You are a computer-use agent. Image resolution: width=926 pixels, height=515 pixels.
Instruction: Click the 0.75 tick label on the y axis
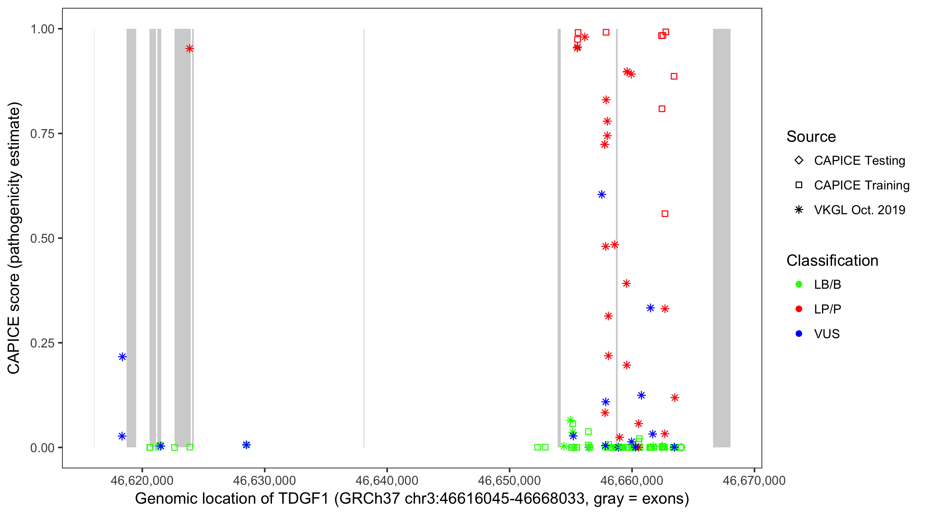(42, 134)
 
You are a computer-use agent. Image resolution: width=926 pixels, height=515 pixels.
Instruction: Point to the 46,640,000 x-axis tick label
(387, 480)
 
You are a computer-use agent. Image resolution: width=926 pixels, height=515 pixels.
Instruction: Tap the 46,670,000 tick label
(754, 480)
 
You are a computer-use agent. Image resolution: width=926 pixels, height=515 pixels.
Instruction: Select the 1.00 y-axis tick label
(42, 29)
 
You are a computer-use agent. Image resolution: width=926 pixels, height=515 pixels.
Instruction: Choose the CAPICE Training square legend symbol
(799, 185)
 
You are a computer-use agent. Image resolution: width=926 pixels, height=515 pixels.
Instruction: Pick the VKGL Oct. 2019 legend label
(859, 210)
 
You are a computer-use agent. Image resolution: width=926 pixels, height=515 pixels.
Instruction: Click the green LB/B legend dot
(799, 285)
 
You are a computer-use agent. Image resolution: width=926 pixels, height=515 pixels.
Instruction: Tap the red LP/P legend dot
(799, 309)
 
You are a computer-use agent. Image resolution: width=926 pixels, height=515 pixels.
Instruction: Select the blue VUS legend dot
(799, 334)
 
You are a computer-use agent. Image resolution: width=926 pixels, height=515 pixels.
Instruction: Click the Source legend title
(811, 137)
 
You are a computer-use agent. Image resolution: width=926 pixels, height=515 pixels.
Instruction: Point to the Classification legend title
(832, 261)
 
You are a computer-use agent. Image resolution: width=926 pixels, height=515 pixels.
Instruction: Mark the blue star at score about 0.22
(122, 357)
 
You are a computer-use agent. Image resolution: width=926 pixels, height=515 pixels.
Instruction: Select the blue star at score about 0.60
(602, 195)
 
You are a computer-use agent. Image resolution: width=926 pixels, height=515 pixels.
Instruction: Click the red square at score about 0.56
(665, 214)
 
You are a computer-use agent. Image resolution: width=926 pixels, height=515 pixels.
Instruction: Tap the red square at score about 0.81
(662, 109)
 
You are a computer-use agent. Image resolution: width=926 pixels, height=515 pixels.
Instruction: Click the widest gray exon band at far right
(722, 238)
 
